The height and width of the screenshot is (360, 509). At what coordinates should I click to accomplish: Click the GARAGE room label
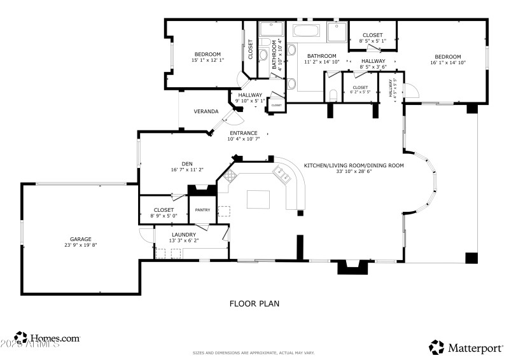(x=80, y=238)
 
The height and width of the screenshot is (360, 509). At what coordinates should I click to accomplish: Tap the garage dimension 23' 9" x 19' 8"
(x=80, y=245)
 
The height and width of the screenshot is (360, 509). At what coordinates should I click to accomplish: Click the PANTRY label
(x=202, y=210)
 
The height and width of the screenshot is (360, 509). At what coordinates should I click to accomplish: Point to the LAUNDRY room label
(x=183, y=234)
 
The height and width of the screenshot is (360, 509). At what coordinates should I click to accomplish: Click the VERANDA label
(x=206, y=111)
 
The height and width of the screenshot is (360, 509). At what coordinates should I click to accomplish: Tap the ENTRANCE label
(x=244, y=133)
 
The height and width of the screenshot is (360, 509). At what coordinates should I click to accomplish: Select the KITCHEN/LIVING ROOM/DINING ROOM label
(x=354, y=165)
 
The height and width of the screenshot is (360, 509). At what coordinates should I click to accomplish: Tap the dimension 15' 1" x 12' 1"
(x=207, y=60)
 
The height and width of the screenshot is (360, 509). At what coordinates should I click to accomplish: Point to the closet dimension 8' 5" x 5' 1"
(x=372, y=41)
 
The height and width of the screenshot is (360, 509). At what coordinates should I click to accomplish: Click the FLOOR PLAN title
(x=254, y=304)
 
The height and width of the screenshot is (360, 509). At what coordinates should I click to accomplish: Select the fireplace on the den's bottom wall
(x=202, y=190)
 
